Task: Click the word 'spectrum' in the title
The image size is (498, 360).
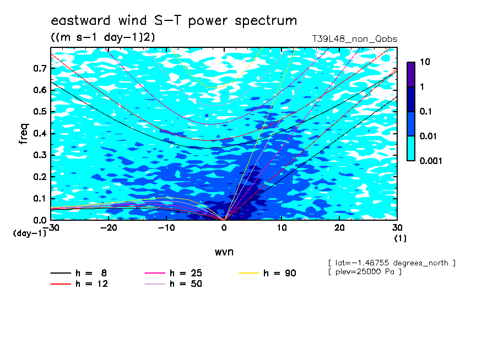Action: (x=266, y=21)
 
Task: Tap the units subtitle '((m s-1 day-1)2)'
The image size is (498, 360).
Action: (x=103, y=37)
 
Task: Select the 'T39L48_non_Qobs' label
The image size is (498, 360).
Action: (x=354, y=39)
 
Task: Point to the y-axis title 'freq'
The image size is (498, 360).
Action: (x=24, y=134)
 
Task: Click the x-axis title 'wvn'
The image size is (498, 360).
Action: (x=224, y=252)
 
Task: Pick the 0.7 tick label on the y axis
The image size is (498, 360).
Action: (x=40, y=68)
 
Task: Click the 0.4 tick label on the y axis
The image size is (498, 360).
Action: (x=40, y=133)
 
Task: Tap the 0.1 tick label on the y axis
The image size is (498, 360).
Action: (x=40, y=198)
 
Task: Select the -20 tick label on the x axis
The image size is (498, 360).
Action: (x=109, y=228)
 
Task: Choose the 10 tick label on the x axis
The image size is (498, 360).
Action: (x=282, y=228)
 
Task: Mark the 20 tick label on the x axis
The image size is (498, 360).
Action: (x=339, y=228)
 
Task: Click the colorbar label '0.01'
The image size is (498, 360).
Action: (x=429, y=136)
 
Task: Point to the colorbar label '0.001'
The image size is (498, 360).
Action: (x=431, y=161)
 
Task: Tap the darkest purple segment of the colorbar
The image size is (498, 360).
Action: (x=411, y=74)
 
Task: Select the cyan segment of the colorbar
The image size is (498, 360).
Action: (x=411, y=149)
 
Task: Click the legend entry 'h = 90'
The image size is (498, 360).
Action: (x=267, y=273)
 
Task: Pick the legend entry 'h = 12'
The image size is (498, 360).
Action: (x=79, y=283)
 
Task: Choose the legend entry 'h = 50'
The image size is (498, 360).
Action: (x=174, y=283)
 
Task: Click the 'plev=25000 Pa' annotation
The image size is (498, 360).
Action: (x=365, y=272)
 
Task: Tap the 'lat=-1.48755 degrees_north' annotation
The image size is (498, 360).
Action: (x=392, y=263)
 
